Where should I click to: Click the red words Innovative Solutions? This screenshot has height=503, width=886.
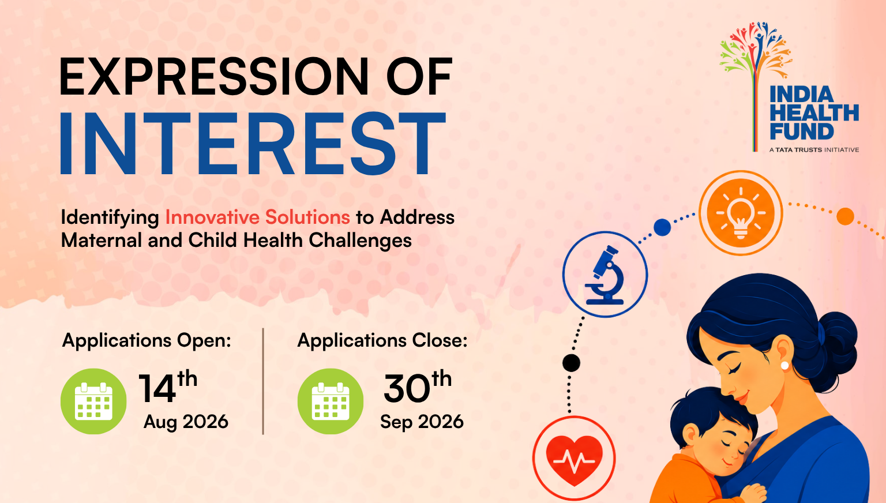(x=257, y=217)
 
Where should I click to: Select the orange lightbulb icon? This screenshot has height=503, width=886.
(x=741, y=213)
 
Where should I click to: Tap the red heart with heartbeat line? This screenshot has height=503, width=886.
(x=574, y=459)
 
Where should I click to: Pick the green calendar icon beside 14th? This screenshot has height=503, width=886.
(x=93, y=401)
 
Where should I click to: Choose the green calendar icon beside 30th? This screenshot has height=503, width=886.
(x=331, y=401)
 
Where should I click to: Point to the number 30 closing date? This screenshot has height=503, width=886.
(x=407, y=389)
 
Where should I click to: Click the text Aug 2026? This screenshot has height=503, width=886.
(x=186, y=422)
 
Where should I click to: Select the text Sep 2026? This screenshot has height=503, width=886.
(x=422, y=422)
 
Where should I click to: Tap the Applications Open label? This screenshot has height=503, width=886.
(x=147, y=340)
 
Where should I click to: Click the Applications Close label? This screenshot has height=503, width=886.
(x=382, y=340)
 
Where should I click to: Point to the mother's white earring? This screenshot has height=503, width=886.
(x=784, y=365)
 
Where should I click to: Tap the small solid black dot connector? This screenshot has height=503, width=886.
(x=571, y=363)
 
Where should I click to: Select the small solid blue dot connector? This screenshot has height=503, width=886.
(x=662, y=227)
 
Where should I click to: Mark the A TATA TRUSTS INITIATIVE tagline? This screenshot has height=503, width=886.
(x=814, y=150)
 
